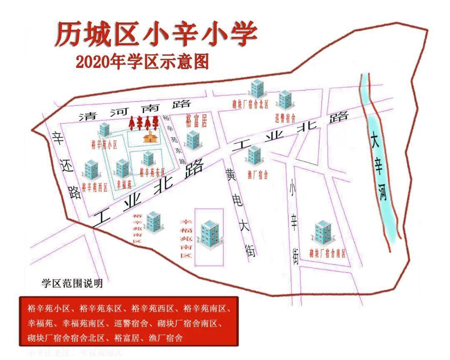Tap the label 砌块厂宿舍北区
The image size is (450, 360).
(250, 104)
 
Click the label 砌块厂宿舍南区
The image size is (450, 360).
(327, 252)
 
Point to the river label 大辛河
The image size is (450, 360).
(380, 167)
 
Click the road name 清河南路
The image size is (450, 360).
(135, 112)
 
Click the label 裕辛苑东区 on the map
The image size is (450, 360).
(152, 171)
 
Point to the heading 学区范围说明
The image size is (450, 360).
(72, 284)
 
